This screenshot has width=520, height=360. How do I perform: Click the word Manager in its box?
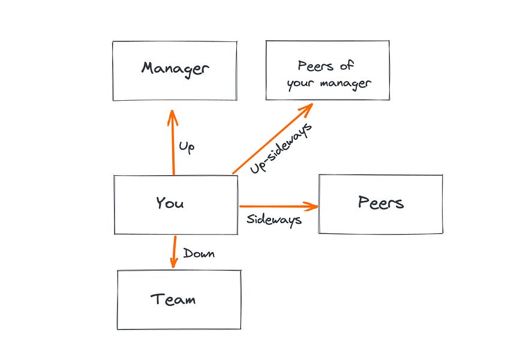[x=175, y=68]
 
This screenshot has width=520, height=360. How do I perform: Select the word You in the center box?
[x=170, y=203]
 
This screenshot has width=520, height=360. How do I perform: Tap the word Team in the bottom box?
[x=173, y=299]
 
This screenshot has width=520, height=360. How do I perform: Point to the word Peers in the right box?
[x=381, y=202]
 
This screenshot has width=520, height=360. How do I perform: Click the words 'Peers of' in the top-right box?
[x=326, y=66]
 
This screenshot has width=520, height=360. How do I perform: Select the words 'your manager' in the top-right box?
[x=329, y=83]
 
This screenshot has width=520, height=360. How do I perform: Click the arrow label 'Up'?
[x=187, y=146]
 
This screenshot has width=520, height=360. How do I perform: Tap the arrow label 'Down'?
[x=199, y=253]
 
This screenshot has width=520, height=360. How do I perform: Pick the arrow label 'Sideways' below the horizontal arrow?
[x=273, y=220]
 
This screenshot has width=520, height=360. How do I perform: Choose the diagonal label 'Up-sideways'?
[x=282, y=149]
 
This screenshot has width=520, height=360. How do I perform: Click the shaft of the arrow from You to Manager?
[x=173, y=147]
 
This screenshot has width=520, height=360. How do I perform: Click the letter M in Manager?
[x=148, y=68]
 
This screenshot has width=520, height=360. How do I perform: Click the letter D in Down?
[x=187, y=253]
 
